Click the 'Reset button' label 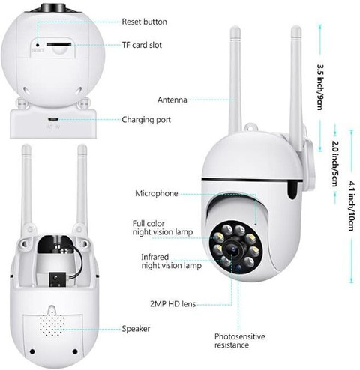point(144,22)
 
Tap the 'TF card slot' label point(142,45)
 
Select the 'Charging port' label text point(146,120)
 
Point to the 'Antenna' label point(172,100)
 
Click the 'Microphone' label point(157,193)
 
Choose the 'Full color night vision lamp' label point(163,228)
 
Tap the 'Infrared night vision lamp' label point(171,261)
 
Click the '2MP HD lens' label point(172,304)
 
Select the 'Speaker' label point(136,329)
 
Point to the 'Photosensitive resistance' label point(240,341)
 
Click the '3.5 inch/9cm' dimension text point(320,87)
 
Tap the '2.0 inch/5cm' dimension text point(335,164)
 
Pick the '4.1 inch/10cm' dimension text point(351,206)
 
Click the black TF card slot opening point(59,44)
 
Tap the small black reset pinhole point(37,45)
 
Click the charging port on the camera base point(52,119)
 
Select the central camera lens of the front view point(232,248)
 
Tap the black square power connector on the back point(58,279)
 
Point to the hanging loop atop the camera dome point(250,127)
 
